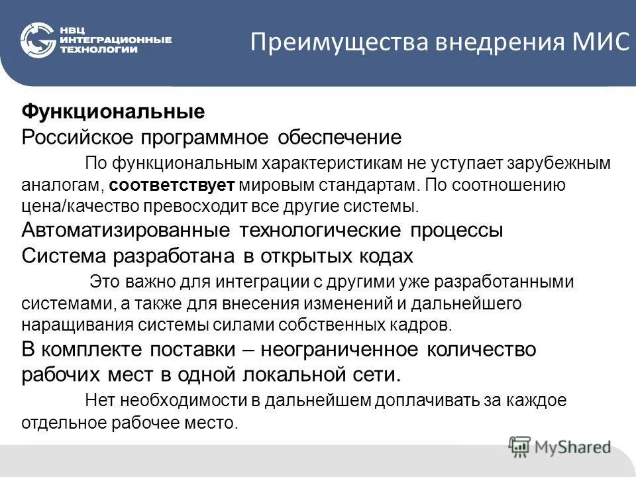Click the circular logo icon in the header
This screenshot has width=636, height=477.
(38, 40)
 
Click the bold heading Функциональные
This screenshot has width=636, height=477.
(113, 111)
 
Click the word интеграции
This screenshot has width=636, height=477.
(255, 282)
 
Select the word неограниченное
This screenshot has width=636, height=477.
(332, 349)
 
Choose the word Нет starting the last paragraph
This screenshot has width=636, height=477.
(99, 400)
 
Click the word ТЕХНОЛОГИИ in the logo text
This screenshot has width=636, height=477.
(99, 49)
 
